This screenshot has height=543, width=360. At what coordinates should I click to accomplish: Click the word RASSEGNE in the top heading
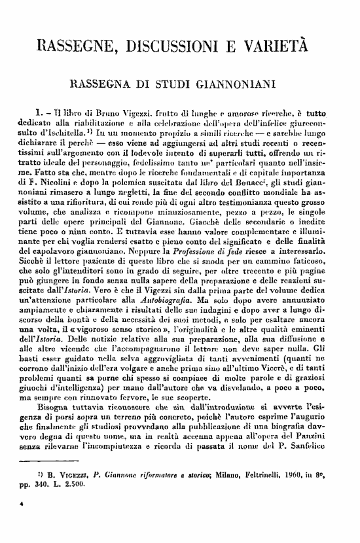click(79, 46)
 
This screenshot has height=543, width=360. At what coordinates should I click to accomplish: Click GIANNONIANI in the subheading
click(236, 84)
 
